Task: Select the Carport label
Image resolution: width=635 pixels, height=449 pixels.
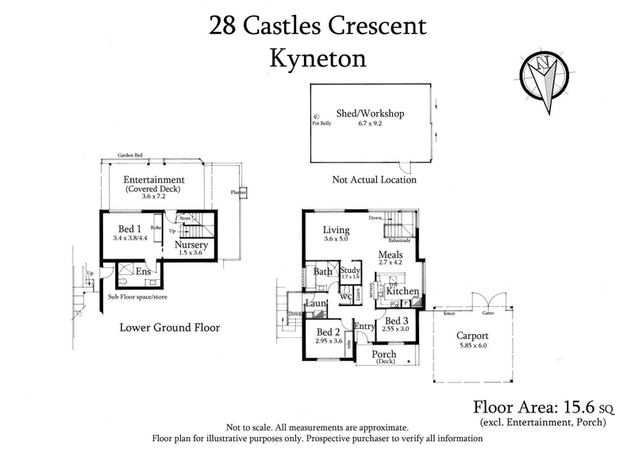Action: pos(471,335)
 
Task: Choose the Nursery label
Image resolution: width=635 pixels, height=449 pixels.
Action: pos(192,245)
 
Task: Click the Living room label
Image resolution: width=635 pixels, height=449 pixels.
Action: pos(337,231)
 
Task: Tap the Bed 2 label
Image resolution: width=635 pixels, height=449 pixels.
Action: pos(328,332)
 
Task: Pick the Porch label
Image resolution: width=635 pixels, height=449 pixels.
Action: pos(384,354)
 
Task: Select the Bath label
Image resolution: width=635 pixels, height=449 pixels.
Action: pos(322,272)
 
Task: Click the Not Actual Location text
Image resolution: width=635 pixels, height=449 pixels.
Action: pos(374,180)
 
